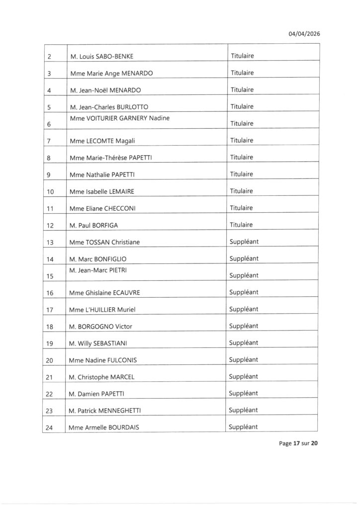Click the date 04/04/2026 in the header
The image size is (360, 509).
[x=304, y=34]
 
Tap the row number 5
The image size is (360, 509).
[x=49, y=107]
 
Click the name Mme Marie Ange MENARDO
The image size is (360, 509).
[x=111, y=73]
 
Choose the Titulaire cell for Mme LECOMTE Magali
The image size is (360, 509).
[x=242, y=140]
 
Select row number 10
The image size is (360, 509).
[x=50, y=191]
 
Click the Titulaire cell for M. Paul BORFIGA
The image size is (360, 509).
[x=242, y=225]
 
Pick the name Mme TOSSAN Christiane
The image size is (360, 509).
[x=105, y=242]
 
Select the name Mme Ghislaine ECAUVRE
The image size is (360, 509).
[x=105, y=293]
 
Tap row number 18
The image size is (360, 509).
[x=50, y=327]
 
